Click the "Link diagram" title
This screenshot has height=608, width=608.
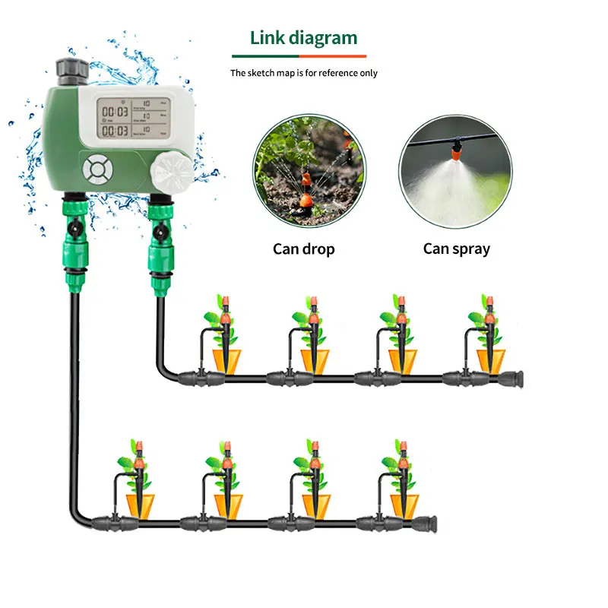click(303, 38)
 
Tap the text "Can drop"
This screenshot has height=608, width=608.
click(304, 249)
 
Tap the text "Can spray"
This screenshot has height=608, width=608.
click(457, 249)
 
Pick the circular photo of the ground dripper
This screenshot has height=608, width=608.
click(309, 171)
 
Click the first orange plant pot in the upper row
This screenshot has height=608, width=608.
click(225, 360)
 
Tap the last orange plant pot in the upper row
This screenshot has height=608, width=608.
click(491, 360)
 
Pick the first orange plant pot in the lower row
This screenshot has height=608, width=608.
click(140, 505)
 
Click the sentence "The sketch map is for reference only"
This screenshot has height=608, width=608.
click(304, 73)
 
